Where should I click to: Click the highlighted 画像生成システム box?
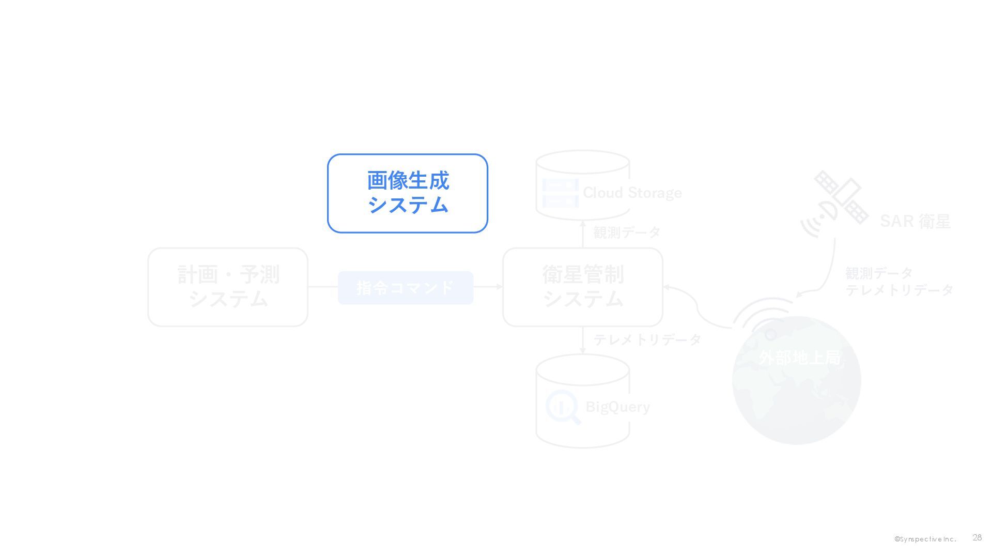click(x=407, y=193)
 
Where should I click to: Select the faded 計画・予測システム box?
click(x=228, y=287)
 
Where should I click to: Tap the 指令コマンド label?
click(x=406, y=288)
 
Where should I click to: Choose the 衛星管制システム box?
click(x=583, y=287)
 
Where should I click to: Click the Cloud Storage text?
click(x=632, y=193)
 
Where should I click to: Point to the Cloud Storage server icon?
click(x=560, y=193)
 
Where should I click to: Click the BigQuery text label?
click(x=617, y=407)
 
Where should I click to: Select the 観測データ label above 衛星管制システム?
click(x=627, y=233)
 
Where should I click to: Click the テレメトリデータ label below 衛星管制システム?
click(x=647, y=339)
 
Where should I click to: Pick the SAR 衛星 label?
click(x=915, y=221)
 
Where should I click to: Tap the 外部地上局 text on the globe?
click(x=799, y=358)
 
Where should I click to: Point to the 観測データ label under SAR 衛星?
click(x=878, y=273)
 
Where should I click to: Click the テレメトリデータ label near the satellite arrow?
click(x=899, y=290)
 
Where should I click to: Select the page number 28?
click(x=977, y=538)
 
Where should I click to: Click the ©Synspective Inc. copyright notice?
click(x=925, y=539)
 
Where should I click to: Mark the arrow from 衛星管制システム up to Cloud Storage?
click(x=583, y=235)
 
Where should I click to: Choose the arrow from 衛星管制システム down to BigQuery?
click(x=583, y=340)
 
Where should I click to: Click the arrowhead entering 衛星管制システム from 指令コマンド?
click(x=499, y=287)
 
